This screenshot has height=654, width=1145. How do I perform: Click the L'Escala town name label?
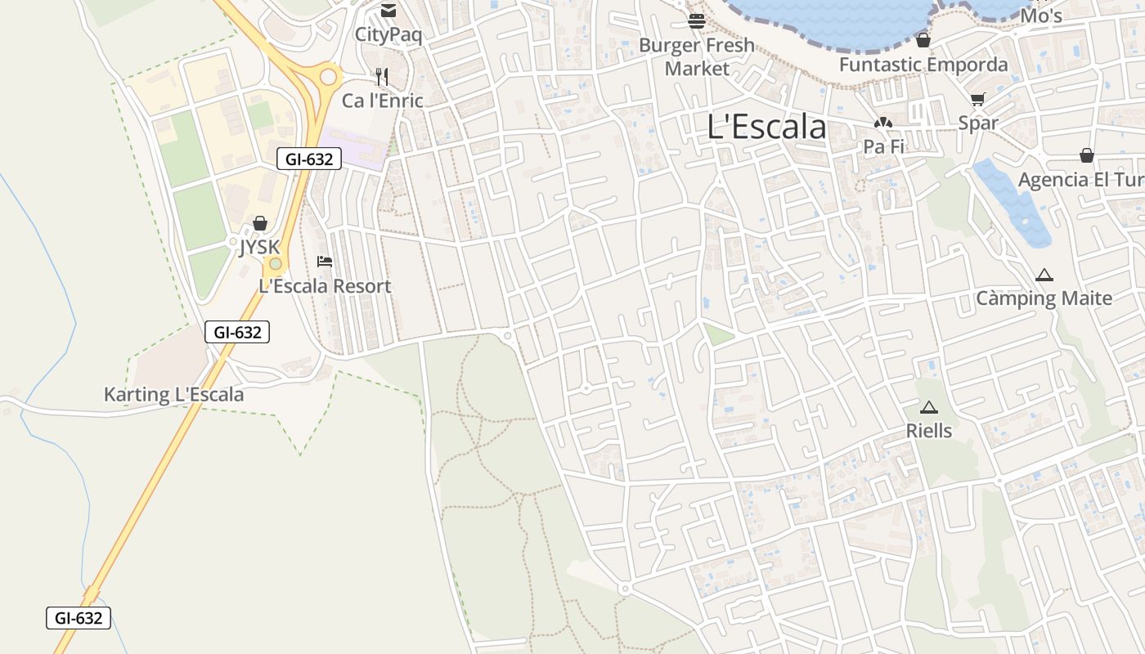coord(766,128)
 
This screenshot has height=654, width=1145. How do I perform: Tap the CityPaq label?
coord(388,34)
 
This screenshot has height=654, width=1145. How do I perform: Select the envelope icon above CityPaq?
coord(388,11)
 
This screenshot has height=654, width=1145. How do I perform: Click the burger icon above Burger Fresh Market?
coord(697,21)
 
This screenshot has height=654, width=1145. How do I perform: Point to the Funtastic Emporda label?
coord(923,65)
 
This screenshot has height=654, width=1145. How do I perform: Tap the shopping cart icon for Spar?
coord(977,100)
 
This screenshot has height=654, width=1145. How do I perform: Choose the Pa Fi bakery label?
coord(882,146)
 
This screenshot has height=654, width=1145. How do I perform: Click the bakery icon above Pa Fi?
coord(882,123)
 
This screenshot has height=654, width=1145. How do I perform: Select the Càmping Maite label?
coord(1044,298)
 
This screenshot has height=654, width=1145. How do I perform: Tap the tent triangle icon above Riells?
coord(928,407)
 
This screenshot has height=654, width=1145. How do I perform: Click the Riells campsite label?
coord(928,430)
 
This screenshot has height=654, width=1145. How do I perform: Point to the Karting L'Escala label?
coord(173,395)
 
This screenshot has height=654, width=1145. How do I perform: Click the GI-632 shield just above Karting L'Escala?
coord(237,332)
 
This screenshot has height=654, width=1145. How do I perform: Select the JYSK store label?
coord(259,247)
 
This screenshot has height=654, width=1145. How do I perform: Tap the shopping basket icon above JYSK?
coord(260,223)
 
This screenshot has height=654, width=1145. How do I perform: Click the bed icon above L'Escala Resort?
coord(325,262)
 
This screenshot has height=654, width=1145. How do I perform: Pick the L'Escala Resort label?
coord(325,286)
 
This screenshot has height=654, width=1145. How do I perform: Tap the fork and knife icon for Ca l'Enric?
coord(382,77)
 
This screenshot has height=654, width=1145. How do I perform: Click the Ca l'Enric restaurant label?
coord(382,101)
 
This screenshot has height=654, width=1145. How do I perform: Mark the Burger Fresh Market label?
coord(697,56)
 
